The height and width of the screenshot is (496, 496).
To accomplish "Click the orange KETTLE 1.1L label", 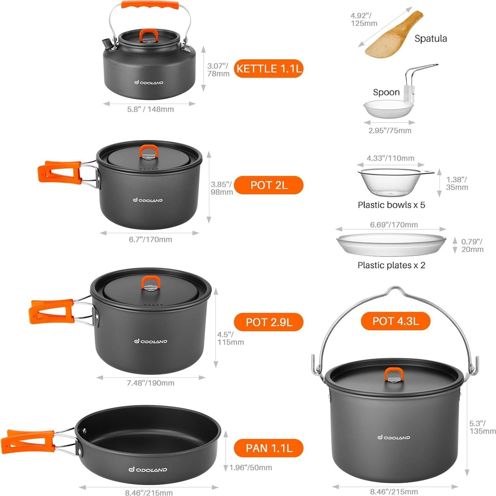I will [x=269, y=69].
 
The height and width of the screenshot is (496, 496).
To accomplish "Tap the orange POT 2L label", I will [x=269, y=185].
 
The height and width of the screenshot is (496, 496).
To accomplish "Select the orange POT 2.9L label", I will [x=269, y=322].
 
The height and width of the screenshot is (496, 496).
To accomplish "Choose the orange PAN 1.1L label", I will [x=269, y=448].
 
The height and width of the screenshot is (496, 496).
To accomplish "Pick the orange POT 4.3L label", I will [x=395, y=321].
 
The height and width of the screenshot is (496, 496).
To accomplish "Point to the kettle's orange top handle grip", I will [x=150, y=6].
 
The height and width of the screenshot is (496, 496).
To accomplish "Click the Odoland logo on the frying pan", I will [x=148, y=469].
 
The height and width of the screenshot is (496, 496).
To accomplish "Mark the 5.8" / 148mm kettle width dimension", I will [x=150, y=109].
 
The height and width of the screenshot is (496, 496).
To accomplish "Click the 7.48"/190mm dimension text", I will [x=150, y=383].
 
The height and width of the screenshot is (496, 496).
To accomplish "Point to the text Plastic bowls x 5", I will [x=391, y=205].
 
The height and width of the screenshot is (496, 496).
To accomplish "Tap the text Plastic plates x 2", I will [x=391, y=265].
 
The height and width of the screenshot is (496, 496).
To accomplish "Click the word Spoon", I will [x=386, y=92].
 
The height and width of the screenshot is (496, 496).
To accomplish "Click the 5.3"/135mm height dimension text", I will [x=482, y=427].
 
